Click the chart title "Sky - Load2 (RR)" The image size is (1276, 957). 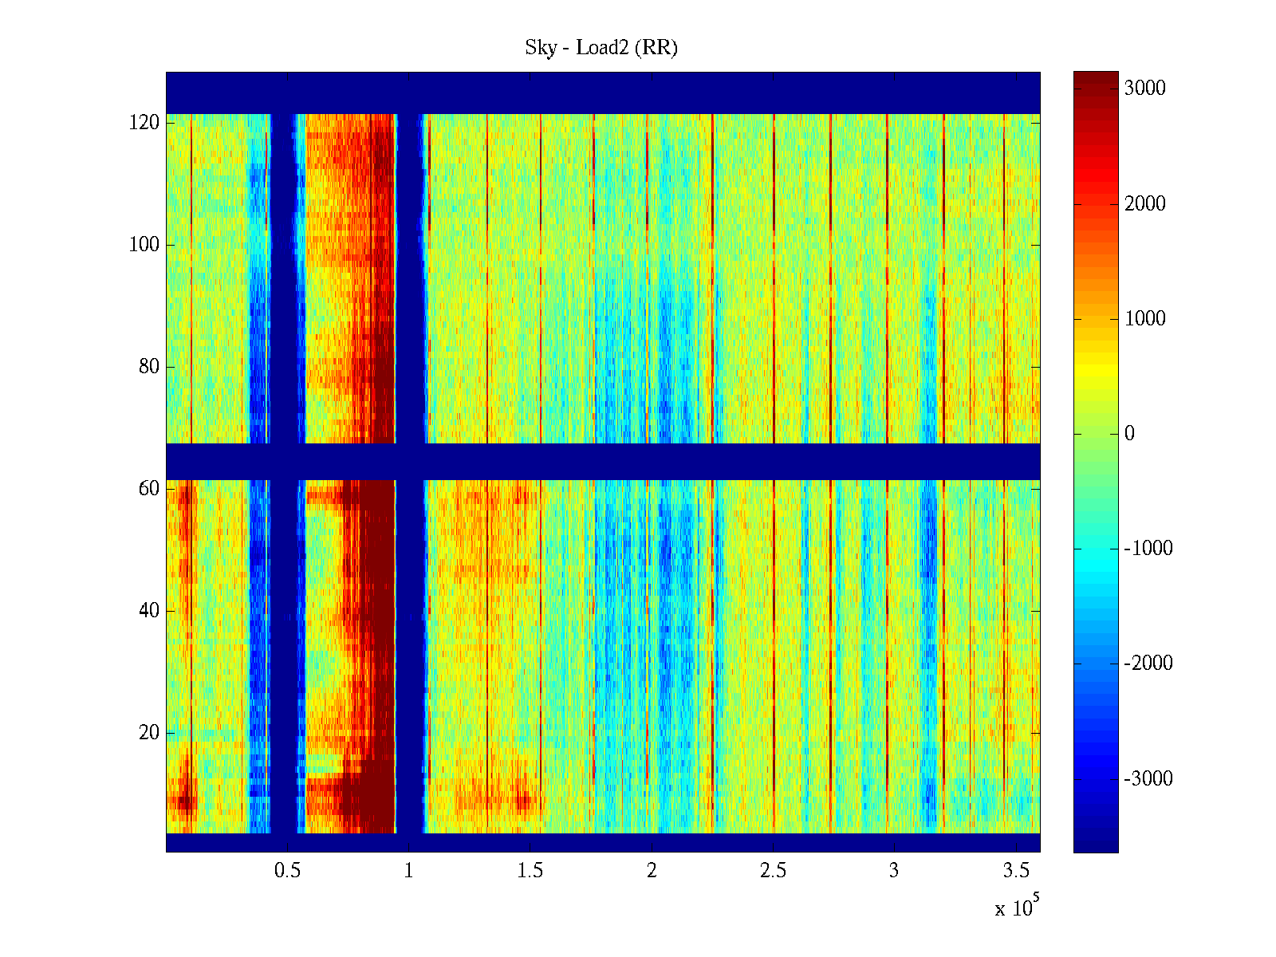601,48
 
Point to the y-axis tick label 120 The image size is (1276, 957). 144,123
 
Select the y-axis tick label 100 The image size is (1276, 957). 144,245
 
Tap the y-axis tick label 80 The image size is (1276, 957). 149,367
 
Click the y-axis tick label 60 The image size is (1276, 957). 149,489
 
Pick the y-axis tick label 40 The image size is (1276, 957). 149,611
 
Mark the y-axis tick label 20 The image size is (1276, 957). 149,733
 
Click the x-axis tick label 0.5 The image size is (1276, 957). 287,871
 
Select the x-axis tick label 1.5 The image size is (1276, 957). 530,871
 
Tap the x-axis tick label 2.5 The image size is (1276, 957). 773,871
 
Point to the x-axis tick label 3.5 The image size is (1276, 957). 1016,871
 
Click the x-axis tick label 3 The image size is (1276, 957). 894,871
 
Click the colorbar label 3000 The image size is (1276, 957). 1145,89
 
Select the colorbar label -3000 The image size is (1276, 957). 1148,779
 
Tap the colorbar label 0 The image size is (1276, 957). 1129,434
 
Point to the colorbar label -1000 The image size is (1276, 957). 1148,549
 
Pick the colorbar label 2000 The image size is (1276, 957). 1145,204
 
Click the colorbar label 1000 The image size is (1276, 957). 1145,319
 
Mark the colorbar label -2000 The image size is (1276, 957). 1148,664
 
